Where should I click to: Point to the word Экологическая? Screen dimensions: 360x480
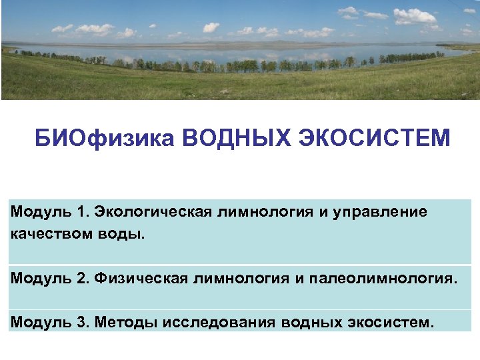[153, 213]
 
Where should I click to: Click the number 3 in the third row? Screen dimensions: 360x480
[82, 323]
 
